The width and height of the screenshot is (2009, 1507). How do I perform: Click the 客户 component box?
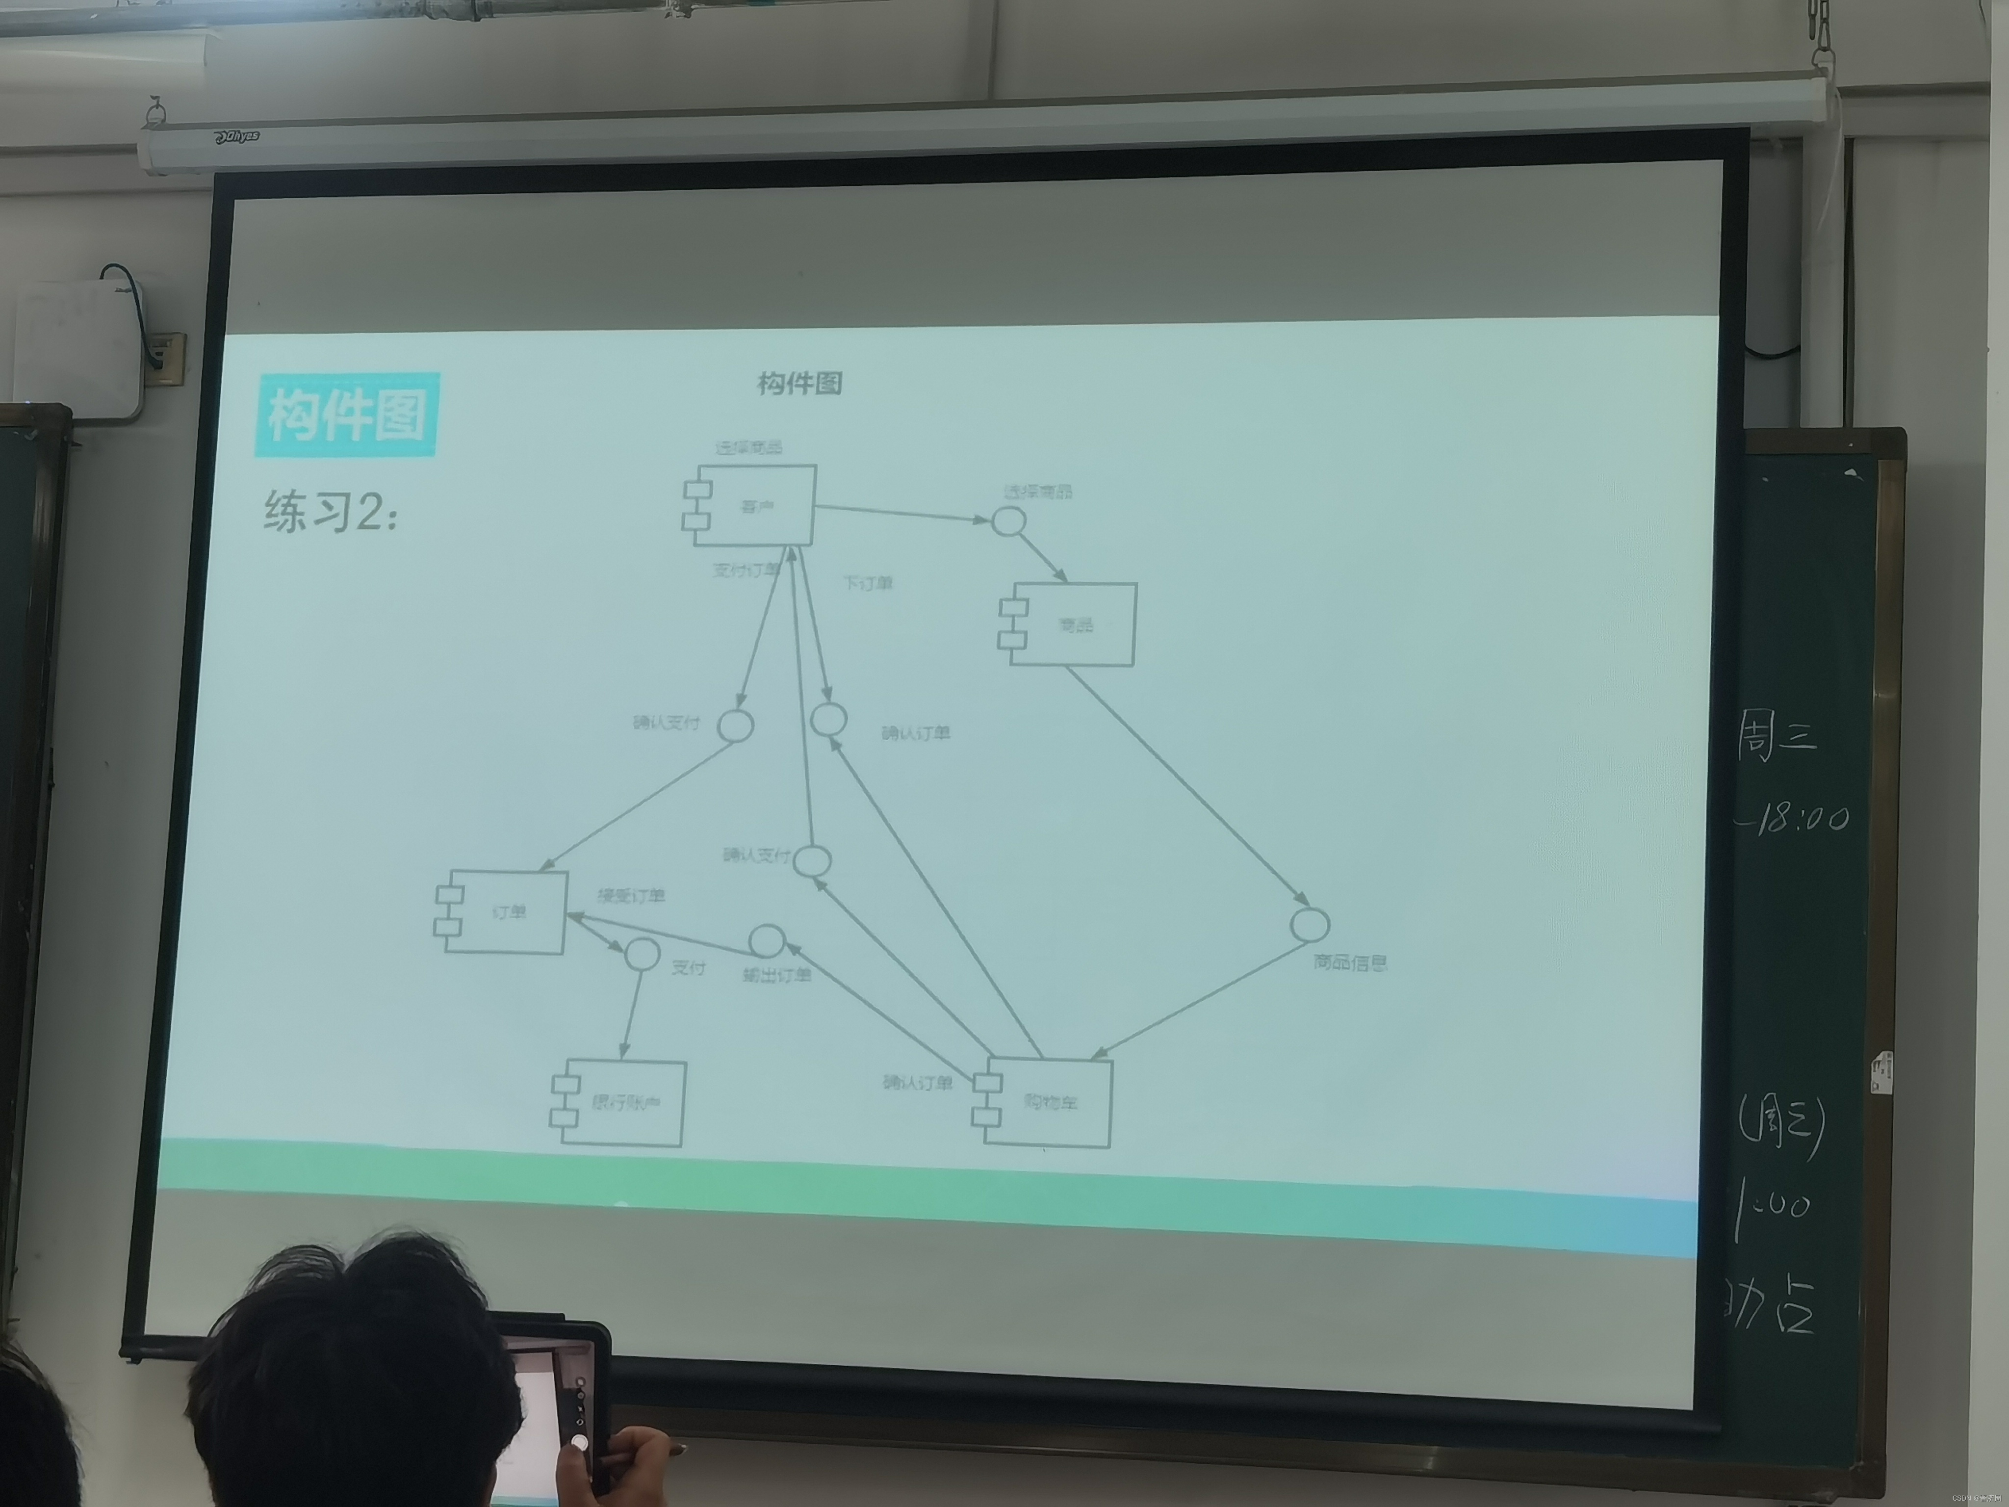point(754,506)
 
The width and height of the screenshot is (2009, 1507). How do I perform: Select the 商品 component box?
point(1072,625)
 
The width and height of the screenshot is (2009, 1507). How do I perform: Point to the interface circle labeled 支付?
point(642,953)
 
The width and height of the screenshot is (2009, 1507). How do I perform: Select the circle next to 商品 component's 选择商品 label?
point(1008,521)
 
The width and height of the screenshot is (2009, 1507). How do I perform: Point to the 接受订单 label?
point(630,896)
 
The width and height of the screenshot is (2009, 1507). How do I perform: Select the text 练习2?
point(332,512)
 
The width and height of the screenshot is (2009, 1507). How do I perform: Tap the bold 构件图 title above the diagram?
point(799,383)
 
